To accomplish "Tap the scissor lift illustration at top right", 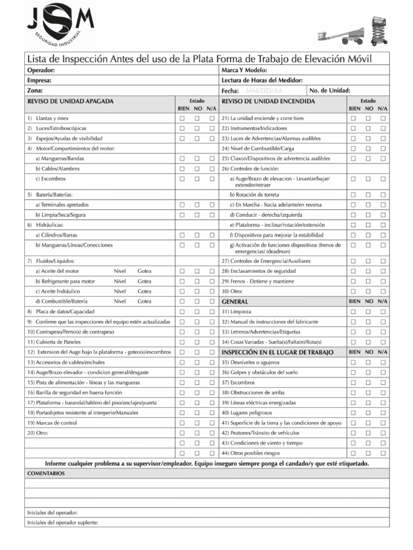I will [x=380, y=30].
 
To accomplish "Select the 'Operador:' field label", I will [x=41, y=70].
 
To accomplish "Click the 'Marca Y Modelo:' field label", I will [x=244, y=70].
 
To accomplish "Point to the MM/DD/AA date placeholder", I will [x=264, y=91].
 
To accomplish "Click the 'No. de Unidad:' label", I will [x=330, y=90].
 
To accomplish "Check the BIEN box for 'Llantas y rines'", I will [x=182, y=118].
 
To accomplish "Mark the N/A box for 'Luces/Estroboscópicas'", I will [x=212, y=128].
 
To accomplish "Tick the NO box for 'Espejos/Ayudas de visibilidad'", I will [x=197, y=139].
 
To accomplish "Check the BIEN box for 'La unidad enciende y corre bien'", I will [x=353, y=118].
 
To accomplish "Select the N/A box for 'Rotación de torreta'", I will [x=383, y=194].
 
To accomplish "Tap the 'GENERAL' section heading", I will [x=235, y=302].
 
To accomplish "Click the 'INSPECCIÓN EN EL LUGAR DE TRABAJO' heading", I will [x=277, y=352].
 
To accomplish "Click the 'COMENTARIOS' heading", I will [x=46, y=473].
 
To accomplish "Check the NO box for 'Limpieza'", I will [x=368, y=312].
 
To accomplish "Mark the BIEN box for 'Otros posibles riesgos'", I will [x=353, y=453].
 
